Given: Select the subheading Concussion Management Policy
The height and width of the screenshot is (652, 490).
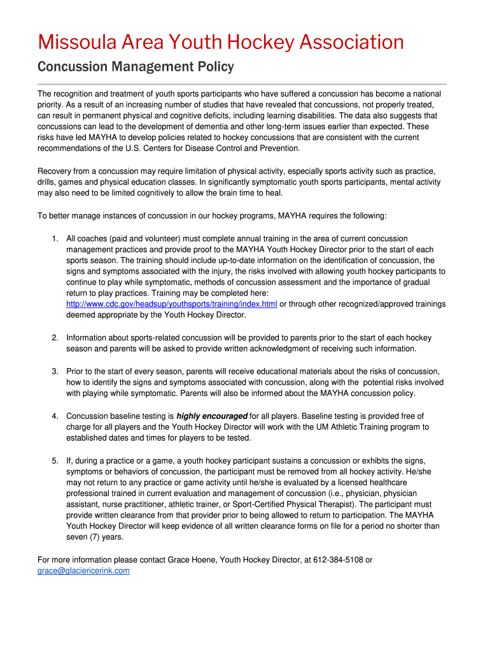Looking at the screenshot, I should point(136,67).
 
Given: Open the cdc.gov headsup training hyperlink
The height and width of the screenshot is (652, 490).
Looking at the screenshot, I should point(172,304).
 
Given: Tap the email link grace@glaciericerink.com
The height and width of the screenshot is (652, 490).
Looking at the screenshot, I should point(83,571).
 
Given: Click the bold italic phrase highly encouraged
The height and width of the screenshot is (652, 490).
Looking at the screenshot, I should point(212,416).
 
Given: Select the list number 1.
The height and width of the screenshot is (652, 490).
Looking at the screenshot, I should point(55,239).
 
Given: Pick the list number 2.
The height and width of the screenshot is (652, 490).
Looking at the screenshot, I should point(55,337).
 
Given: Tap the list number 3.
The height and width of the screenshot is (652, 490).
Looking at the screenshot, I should point(55,371).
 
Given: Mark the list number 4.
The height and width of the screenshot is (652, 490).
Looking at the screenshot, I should point(55,416).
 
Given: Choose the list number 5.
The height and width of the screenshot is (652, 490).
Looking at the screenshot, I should point(55,460).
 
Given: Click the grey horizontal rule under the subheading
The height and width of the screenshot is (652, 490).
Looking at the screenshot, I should point(242,84).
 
